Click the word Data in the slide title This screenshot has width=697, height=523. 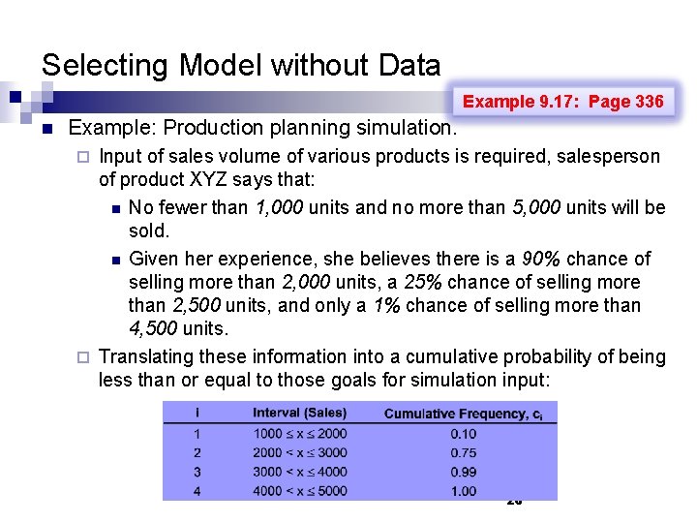pos(408,66)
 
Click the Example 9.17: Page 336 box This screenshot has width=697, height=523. pos(563,102)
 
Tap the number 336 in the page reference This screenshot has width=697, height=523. pos(649,102)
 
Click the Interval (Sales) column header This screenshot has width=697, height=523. pos(299,414)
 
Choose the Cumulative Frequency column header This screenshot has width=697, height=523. pos(455,414)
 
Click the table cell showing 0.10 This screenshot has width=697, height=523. pos(463,434)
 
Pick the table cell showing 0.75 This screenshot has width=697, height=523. pos(463,452)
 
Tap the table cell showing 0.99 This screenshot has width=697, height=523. pos(463,472)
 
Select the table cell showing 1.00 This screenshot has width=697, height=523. pos(463,490)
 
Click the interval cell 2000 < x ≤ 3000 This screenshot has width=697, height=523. pos(300,452)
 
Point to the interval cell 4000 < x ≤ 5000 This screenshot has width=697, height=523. pos(300,490)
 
